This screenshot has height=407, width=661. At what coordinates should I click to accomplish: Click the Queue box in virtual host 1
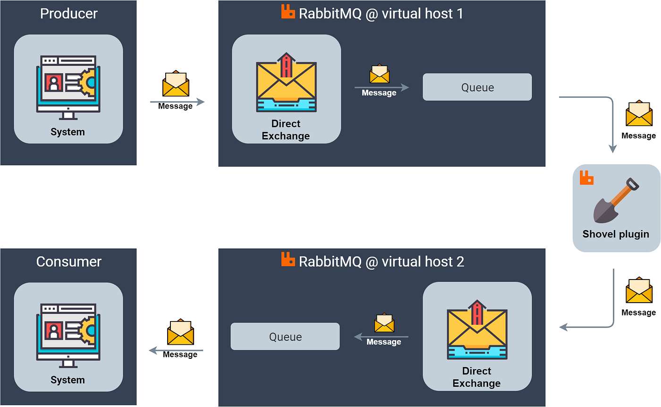(x=477, y=87)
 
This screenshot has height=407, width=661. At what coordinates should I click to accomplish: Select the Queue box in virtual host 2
(x=285, y=337)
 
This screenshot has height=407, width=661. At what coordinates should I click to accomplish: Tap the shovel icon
(x=616, y=200)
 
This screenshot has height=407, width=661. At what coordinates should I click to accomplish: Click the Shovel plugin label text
(x=616, y=234)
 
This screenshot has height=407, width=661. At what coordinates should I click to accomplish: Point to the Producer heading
(x=69, y=14)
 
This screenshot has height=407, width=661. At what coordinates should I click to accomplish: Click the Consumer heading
(x=69, y=262)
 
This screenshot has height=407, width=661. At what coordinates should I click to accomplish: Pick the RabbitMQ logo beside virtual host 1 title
(x=288, y=12)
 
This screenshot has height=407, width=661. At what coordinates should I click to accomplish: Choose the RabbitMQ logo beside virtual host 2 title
(x=288, y=259)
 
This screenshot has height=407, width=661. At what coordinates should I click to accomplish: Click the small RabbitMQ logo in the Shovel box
(x=586, y=178)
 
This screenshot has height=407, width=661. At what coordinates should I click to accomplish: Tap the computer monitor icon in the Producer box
(x=68, y=87)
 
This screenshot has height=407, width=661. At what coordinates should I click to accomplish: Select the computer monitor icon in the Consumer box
(x=68, y=336)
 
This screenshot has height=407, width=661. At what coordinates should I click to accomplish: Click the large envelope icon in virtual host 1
(x=286, y=82)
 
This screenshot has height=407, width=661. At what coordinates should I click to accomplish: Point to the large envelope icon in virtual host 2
(x=477, y=330)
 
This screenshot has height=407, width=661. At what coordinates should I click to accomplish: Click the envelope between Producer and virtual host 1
(x=176, y=83)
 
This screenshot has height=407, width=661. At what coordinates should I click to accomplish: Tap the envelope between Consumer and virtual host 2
(x=180, y=332)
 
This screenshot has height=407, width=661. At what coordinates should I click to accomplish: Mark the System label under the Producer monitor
(x=68, y=132)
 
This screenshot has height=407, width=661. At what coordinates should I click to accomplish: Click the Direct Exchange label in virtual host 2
(x=476, y=377)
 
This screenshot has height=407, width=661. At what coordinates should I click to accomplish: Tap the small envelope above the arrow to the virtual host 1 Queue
(x=380, y=74)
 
